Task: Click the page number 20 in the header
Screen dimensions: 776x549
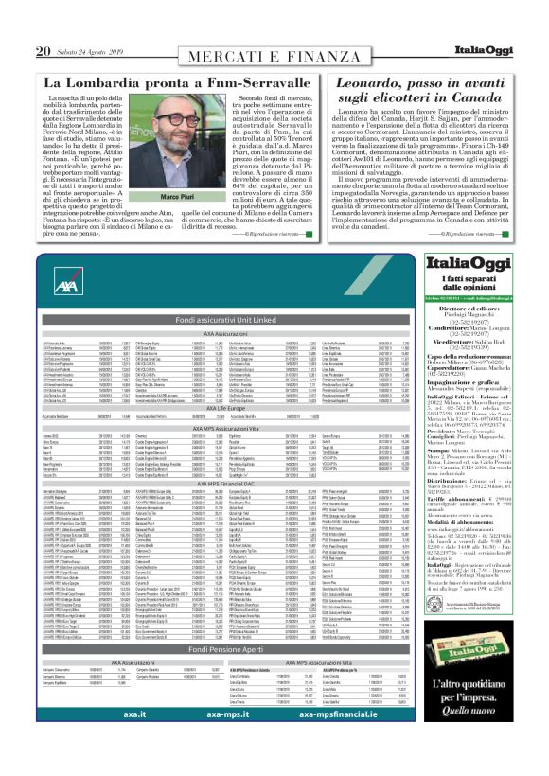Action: (x=44, y=50)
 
